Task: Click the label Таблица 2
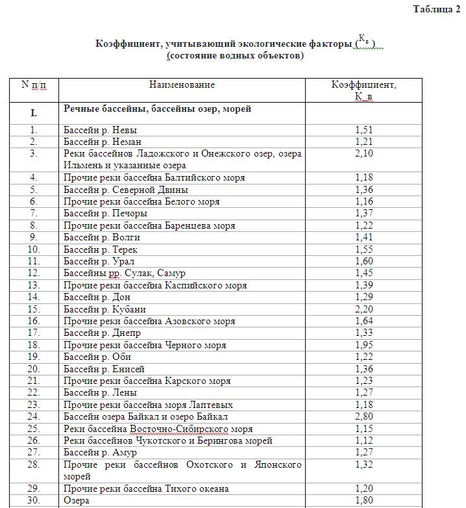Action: pos(436,9)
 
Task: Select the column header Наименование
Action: pos(182,84)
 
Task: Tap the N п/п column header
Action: pos(34,84)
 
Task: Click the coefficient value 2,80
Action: pos(364,416)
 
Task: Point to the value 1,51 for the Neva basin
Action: pos(364,130)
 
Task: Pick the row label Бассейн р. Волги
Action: pos(101,238)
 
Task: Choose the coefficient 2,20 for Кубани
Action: pos(364,309)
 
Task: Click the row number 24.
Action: pos(34,416)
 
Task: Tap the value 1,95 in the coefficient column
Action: pos(364,346)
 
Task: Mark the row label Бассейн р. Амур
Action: pos(101,453)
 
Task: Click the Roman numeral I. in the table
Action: pos(34,113)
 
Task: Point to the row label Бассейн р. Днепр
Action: pos(102,333)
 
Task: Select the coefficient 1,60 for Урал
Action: pos(364,262)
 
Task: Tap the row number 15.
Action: pos(34,309)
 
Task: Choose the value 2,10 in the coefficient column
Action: pos(364,154)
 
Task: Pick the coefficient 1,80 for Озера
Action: pos(364,501)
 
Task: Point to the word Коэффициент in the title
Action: pos(128,44)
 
